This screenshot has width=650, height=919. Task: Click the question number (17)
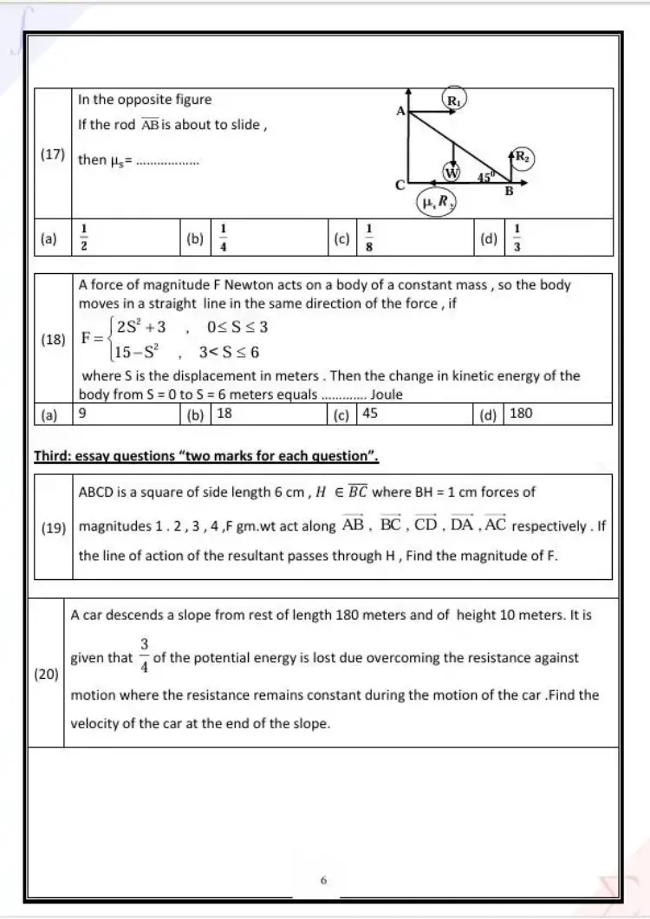click(x=53, y=154)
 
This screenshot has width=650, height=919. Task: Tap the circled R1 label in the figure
click(x=455, y=101)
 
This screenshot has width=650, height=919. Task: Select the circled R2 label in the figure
click(x=523, y=157)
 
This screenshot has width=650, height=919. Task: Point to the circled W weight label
click(x=452, y=172)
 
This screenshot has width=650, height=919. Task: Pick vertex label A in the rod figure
click(x=401, y=111)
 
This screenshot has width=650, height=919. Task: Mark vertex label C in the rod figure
click(x=400, y=185)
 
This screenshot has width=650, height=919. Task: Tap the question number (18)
click(x=53, y=340)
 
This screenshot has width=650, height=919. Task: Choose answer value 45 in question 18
click(x=370, y=414)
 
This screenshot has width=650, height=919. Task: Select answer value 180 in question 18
click(x=521, y=414)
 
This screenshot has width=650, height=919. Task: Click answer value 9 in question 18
click(x=81, y=414)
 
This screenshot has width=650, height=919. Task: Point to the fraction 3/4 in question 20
click(x=144, y=656)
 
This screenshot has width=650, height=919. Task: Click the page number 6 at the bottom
click(x=323, y=880)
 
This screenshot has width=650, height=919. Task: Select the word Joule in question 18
click(x=387, y=395)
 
